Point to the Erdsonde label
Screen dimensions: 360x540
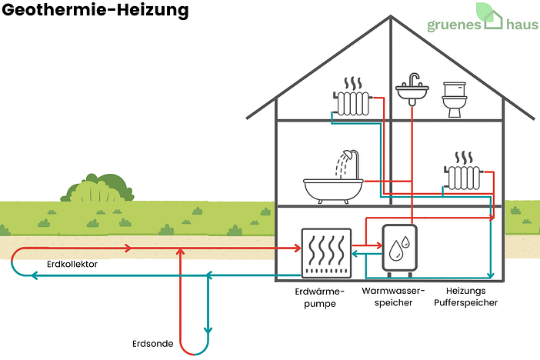tap(152, 343)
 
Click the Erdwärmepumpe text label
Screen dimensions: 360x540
tap(320, 297)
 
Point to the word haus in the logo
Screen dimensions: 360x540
tap(523, 25)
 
